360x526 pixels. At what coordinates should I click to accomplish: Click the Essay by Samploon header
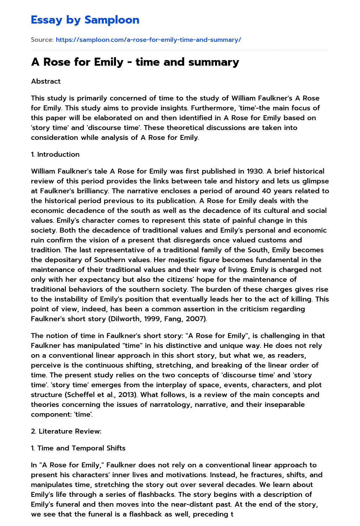(85, 20)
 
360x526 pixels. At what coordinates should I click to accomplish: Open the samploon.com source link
(148, 40)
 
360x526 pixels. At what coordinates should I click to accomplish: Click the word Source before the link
(42, 40)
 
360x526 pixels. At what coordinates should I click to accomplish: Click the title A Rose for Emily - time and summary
(135, 62)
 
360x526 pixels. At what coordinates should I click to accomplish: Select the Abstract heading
(46, 81)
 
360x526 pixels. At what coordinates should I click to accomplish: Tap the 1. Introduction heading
(55, 154)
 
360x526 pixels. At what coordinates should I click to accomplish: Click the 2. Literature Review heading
(66, 431)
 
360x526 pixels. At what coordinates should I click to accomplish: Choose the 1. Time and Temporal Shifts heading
(78, 448)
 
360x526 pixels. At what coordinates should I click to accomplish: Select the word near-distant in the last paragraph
(214, 504)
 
